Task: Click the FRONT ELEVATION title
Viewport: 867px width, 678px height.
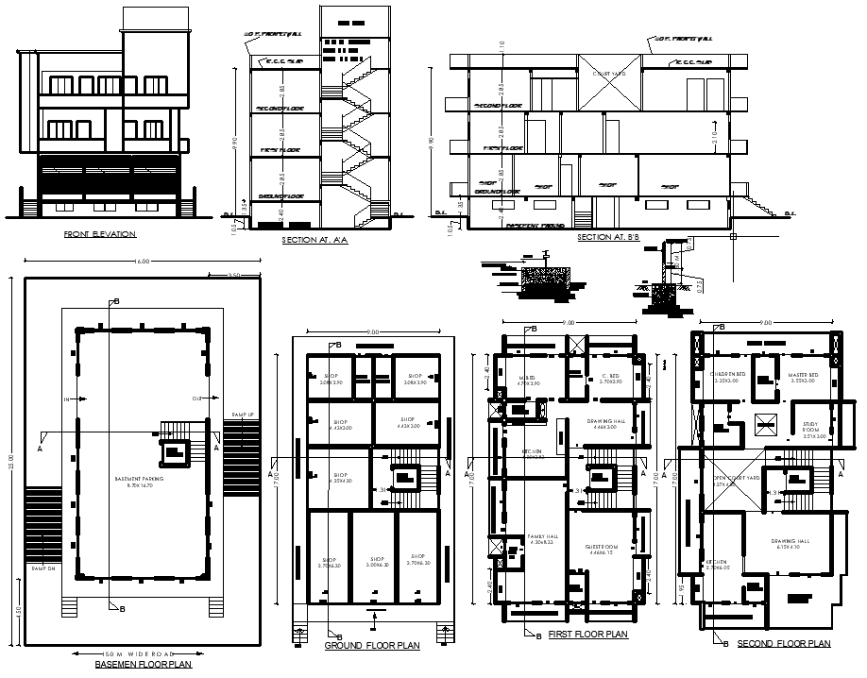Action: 99,233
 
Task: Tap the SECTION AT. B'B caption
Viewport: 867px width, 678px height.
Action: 608,237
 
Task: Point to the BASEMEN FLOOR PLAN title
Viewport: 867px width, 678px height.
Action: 143,664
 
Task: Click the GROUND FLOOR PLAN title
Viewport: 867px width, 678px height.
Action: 372,646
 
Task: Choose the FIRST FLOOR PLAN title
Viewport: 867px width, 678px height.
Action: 588,635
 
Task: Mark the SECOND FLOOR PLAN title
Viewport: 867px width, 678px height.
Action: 783,644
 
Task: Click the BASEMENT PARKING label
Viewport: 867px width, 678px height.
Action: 141,481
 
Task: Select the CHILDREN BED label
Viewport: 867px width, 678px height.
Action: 727,374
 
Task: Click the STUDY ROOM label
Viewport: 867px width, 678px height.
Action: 810,428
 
